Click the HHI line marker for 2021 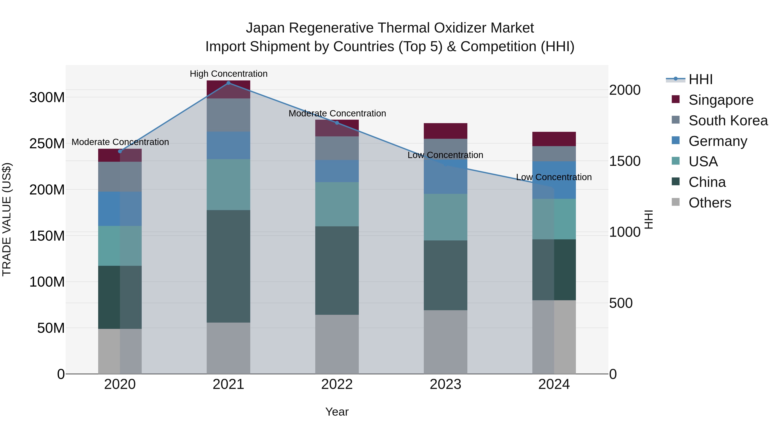coord(228,83)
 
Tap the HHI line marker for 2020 coord(120,151)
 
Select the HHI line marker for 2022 coord(337,123)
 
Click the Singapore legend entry coord(721,100)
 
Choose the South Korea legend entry coord(728,121)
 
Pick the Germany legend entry coord(718,141)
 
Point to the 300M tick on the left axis coord(47,98)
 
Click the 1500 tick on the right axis coord(624,161)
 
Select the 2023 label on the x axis coord(445,384)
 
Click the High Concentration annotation coord(229,74)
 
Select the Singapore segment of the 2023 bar coord(445,131)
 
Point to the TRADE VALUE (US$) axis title coord(7,219)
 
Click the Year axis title coord(337,412)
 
